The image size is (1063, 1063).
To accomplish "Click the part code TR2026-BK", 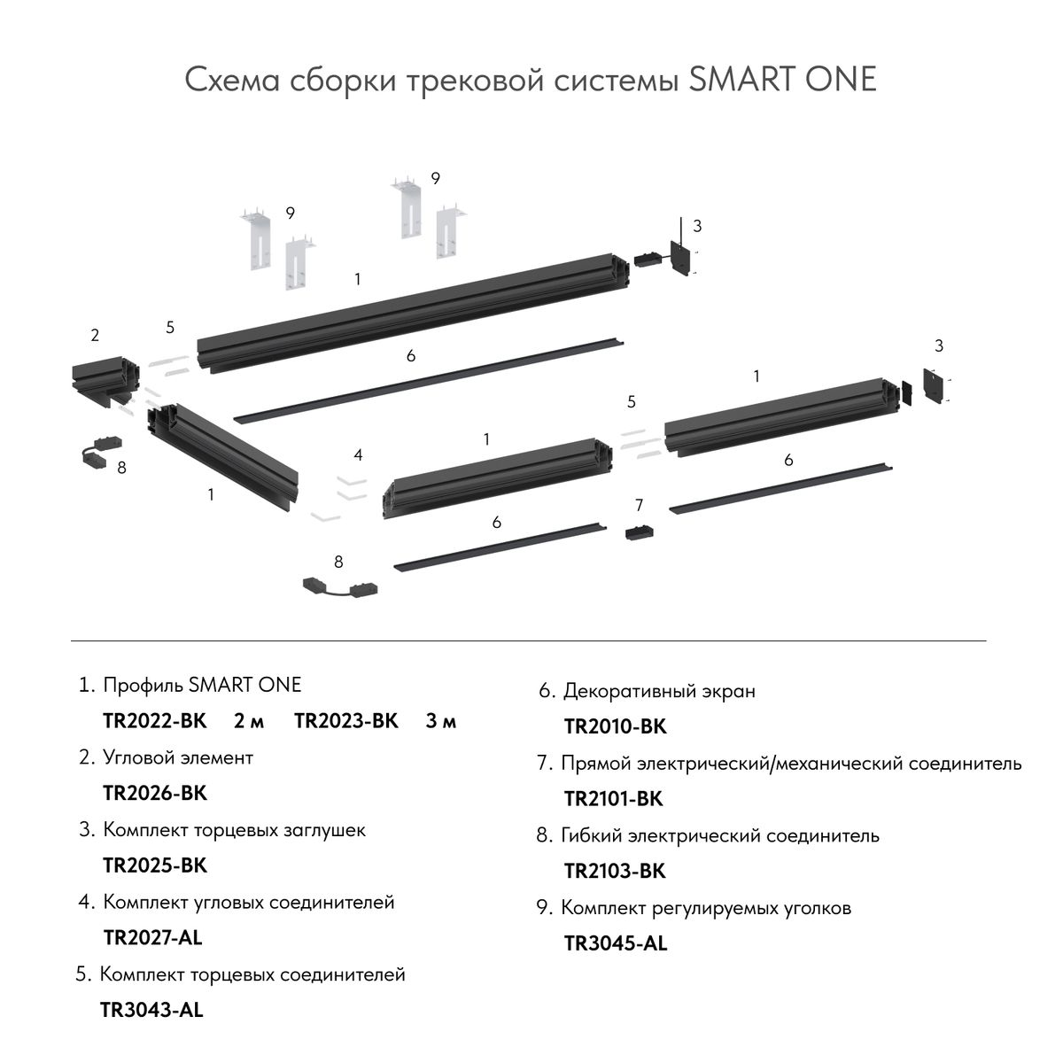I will pyautogui.click(x=155, y=793).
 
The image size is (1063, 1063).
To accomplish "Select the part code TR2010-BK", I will pyautogui.click(x=615, y=727).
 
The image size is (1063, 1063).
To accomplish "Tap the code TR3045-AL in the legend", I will pyautogui.click(x=615, y=943).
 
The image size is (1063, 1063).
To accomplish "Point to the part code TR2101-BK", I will pyautogui.click(x=613, y=799).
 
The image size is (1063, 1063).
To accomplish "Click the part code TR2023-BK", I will pyautogui.click(x=346, y=721).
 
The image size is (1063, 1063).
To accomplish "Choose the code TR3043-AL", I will pyautogui.click(x=151, y=1010).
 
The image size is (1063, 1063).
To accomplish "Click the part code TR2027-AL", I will pyautogui.click(x=153, y=937).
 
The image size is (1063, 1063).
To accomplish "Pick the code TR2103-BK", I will pyautogui.click(x=614, y=872).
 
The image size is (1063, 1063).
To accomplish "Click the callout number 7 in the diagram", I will pyautogui.click(x=640, y=506).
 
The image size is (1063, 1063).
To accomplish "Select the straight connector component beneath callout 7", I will pyautogui.click(x=639, y=533).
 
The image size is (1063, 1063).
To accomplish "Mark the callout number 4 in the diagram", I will pyautogui.click(x=358, y=455).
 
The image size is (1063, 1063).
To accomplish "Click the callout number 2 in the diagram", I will pyautogui.click(x=95, y=336).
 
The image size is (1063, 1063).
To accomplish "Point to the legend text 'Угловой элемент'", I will pyautogui.click(x=178, y=758).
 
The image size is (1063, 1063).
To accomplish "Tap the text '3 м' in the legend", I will pyautogui.click(x=440, y=721).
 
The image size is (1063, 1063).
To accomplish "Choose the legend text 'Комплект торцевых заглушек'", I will pyautogui.click(x=234, y=830).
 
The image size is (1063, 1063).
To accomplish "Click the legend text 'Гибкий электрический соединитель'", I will pyautogui.click(x=720, y=835).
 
